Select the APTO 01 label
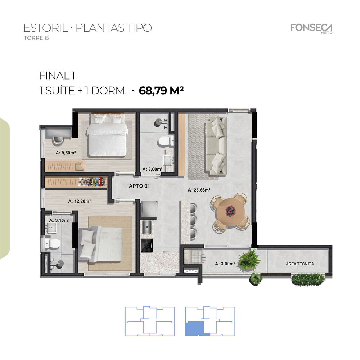[139, 186]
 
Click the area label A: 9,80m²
[66, 153]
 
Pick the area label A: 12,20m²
[79, 202]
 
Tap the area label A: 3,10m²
[59, 220]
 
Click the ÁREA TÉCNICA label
[300, 264]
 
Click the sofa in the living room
[216, 145]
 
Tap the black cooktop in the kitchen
[147, 245]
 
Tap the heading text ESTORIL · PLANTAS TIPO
[87, 28]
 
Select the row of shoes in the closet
[93, 182]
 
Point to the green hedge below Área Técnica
[307, 279]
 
